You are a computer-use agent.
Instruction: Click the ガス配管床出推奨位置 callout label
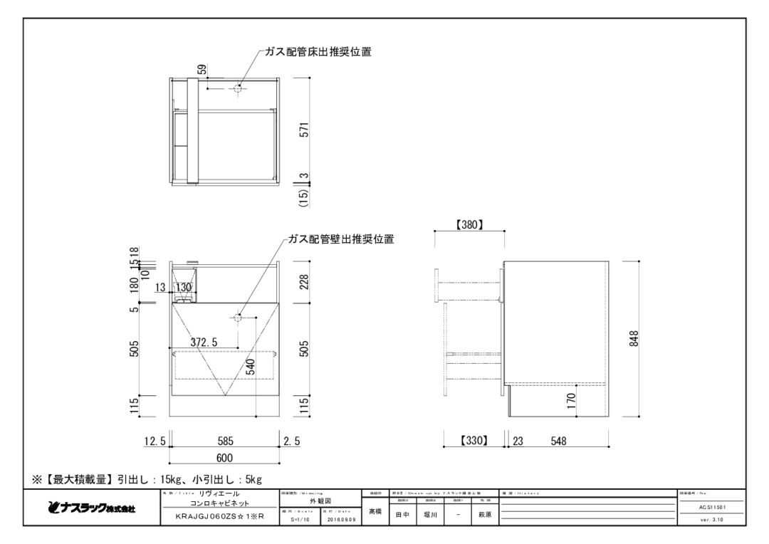pyautogui.click(x=318, y=52)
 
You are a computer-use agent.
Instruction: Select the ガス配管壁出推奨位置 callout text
pyautogui.click(x=341, y=239)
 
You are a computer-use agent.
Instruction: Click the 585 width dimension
pyautogui.click(x=225, y=441)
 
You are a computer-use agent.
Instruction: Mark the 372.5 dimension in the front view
pyautogui.click(x=204, y=342)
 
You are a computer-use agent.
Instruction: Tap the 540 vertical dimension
pyautogui.click(x=250, y=371)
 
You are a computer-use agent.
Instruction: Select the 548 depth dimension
pyautogui.click(x=558, y=441)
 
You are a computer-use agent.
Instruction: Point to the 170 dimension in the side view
pyautogui.click(x=571, y=406)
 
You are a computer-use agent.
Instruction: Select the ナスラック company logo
pyautogui.click(x=90, y=509)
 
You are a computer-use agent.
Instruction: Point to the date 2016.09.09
pyautogui.click(x=342, y=520)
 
